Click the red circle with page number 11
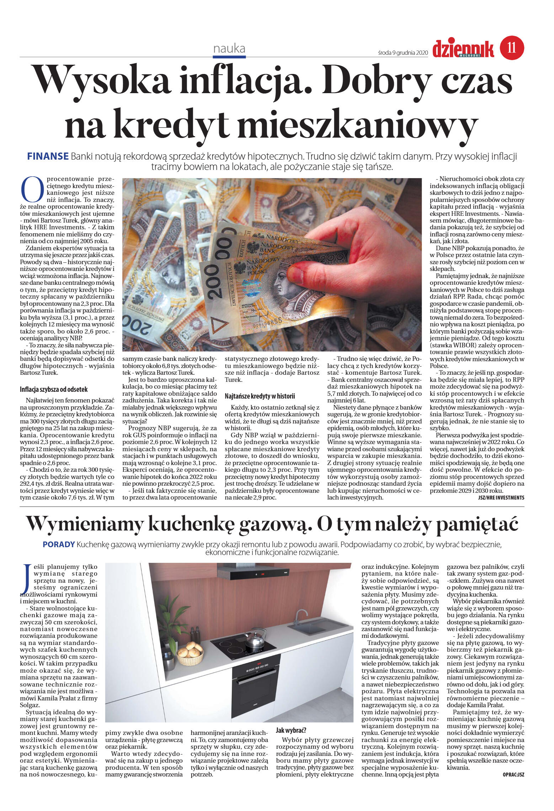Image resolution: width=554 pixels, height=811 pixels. tap(512, 48)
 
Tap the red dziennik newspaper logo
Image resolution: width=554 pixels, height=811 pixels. tap(463, 48)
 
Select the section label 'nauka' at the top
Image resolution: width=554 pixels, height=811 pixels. tap(229, 49)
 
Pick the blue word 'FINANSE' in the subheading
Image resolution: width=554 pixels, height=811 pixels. tap(48, 156)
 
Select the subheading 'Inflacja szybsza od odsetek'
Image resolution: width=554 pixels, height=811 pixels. tap(53, 389)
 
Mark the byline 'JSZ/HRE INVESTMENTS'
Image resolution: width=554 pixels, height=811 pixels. tap(501, 498)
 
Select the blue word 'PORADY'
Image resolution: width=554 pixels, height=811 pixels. tap(59, 544)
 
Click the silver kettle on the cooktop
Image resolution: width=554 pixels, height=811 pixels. tap(255, 640)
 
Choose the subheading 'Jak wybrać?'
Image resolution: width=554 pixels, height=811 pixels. tap(291, 730)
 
